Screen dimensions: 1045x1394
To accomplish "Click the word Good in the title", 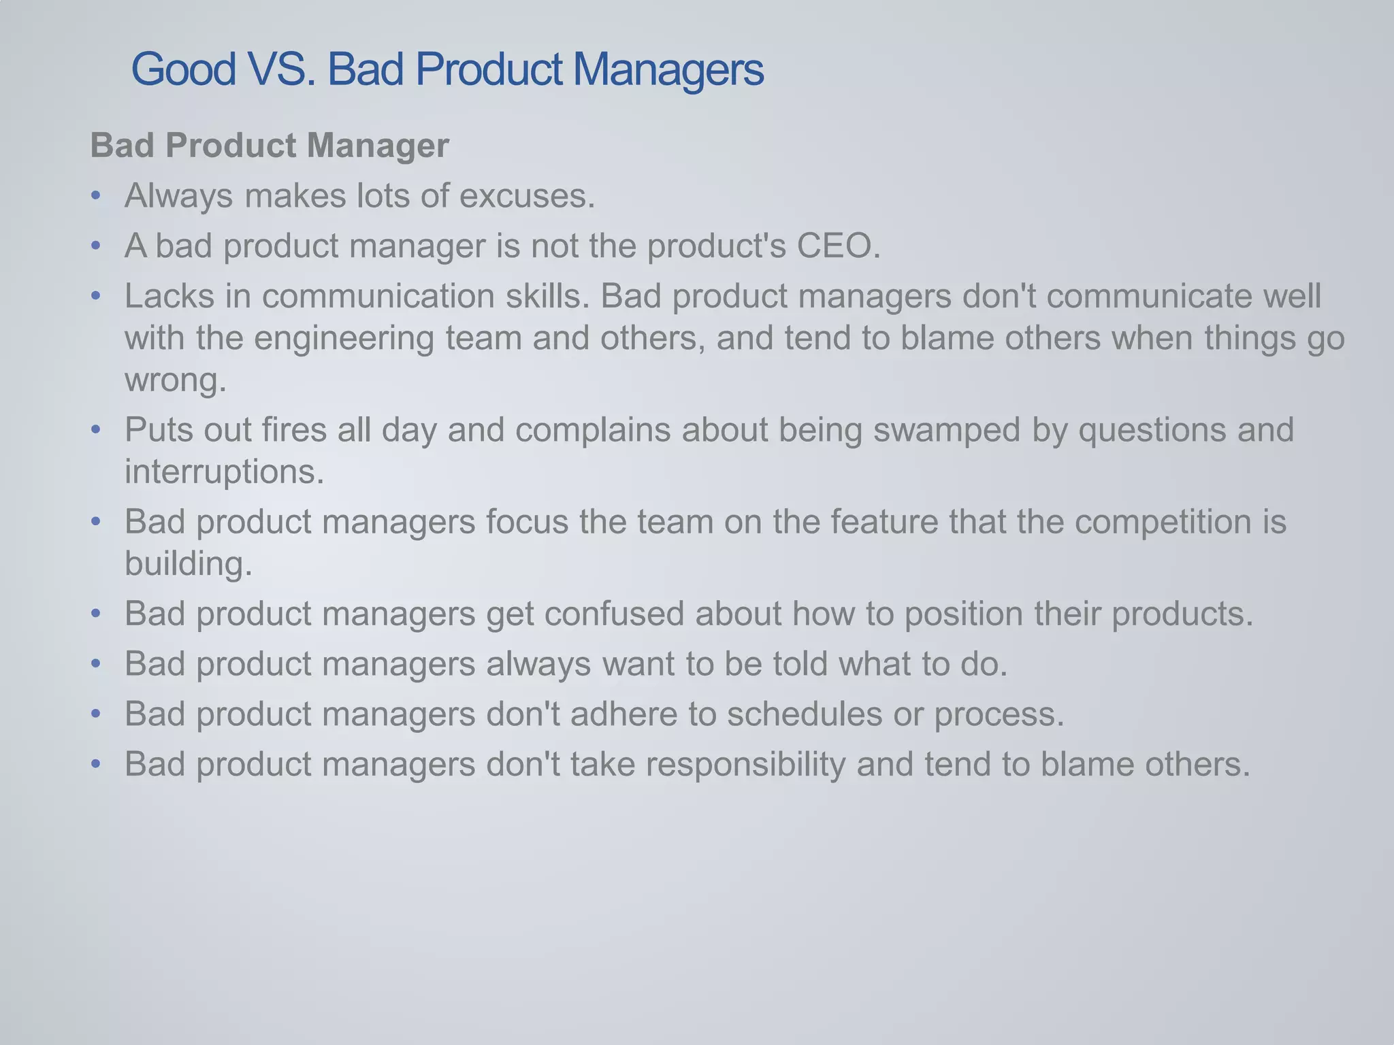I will [x=183, y=69].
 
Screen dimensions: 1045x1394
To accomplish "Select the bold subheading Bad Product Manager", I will [x=270, y=146].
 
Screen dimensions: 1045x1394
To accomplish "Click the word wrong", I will [x=175, y=380].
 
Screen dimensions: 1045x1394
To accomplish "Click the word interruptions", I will [x=224, y=471].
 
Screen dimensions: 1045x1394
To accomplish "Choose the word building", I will [x=188, y=563].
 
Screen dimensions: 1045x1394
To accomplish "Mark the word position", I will [x=963, y=614].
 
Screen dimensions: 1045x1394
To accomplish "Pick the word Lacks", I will [x=169, y=296].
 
